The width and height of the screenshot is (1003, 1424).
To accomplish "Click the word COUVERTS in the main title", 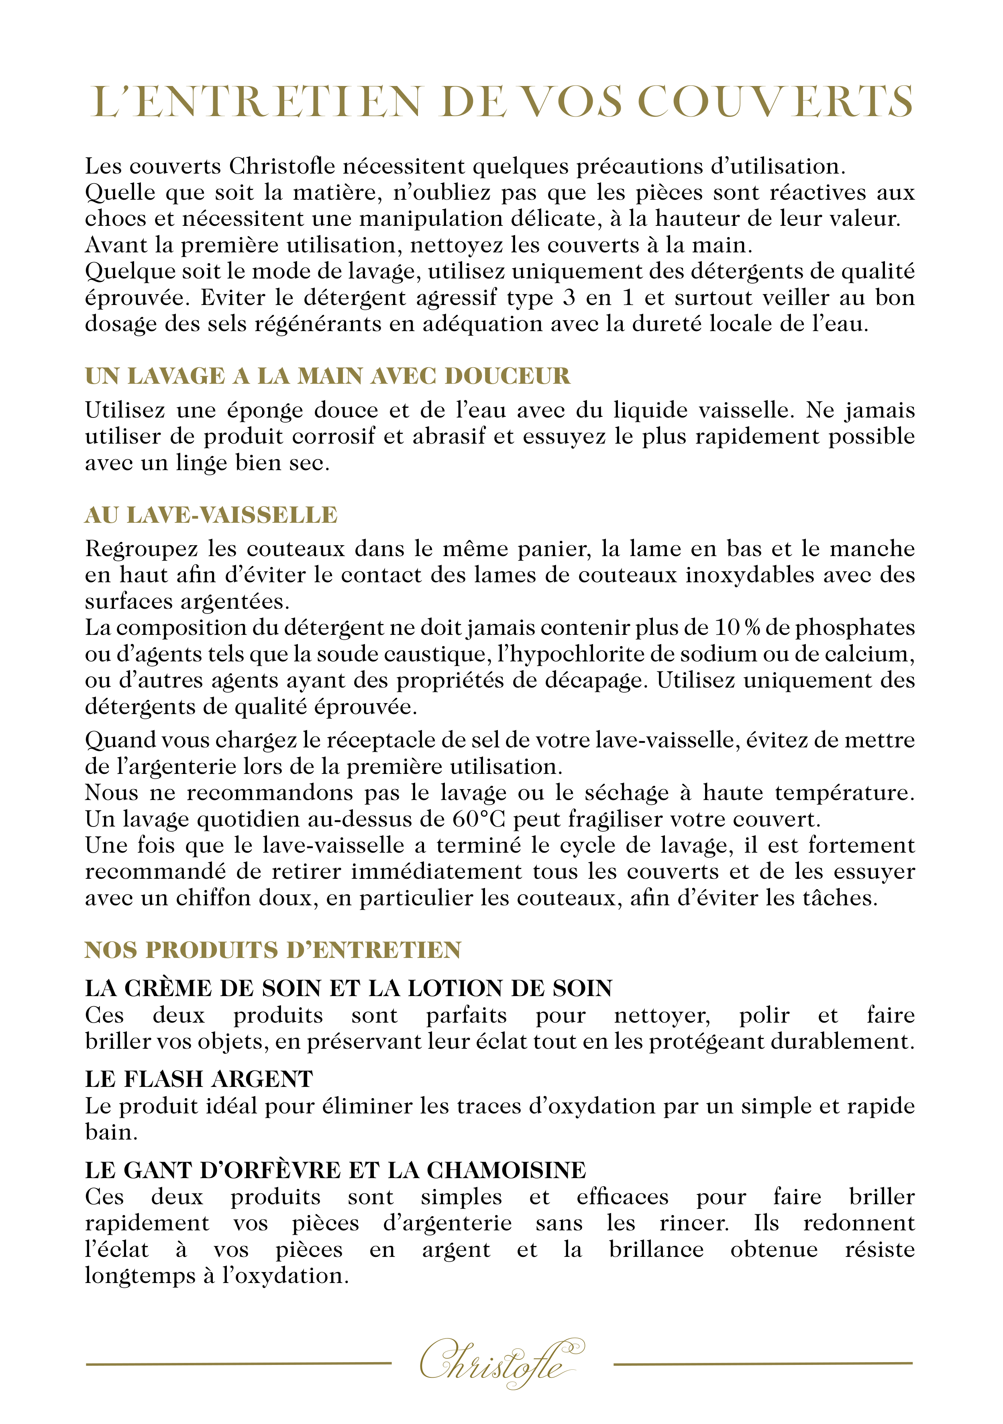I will click(x=775, y=101).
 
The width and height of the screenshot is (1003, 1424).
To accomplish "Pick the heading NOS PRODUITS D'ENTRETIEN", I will click(x=273, y=950).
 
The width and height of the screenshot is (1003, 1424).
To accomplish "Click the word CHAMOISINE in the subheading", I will click(x=506, y=1170).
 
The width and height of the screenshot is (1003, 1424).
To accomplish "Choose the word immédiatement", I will click(x=436, y=872).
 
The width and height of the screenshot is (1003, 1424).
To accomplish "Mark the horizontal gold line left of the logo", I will click(x=239, y=1363).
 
